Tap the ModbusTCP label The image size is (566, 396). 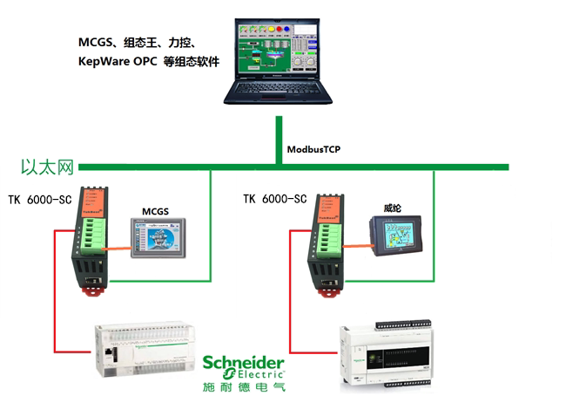coord(313,149)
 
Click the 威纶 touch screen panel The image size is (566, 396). coord(396,234)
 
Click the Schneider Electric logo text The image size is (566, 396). coord(243,367)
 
